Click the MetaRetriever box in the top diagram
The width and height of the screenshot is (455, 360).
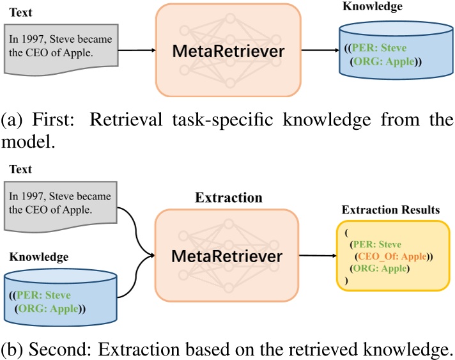tap(227, 51)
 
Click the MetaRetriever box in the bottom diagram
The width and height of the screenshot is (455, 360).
tap(227, 255)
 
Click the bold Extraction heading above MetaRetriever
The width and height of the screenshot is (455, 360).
tap(228, 198)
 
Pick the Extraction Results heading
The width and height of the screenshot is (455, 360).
tap(390, 210)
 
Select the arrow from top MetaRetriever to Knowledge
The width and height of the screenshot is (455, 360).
tap(321, 50)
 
